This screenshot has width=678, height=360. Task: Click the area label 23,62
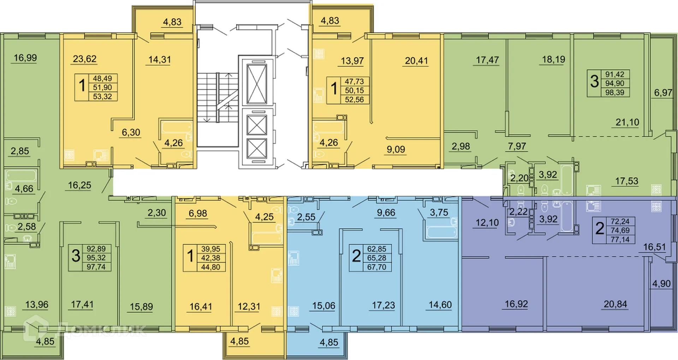pyautogui.click(x=84, y=59)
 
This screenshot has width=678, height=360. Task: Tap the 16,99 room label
pyautogui.click(x=25, y=58)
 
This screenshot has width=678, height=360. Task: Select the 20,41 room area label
pyautogui.click(x=416, y=61)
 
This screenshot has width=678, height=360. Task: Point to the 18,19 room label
pyautogui.click(x=553, y=59)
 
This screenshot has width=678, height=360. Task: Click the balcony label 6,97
pyautogui.click(x=663, y=93)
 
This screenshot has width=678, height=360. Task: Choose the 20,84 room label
pyautogui.click(x=615, y=304)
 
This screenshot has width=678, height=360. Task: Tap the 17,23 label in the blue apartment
pyautogui.click(x=383, y=305)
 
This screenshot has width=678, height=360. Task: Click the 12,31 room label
pyautogui.click(x=249, y=306)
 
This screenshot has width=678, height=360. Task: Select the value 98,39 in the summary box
pyautogui.click(x=615, y=92)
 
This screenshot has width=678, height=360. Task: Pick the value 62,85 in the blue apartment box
pyautogui.click(x=377, y=249)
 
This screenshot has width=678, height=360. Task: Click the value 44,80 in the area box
pyautogui.click(x=210, y=267)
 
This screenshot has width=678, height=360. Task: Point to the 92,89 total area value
pyautogui.click(x=96, y=249)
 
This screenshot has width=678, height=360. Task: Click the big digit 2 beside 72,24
pyautogui.click(x=600, y=229)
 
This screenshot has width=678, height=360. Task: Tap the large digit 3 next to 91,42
pyautogui.click(x=595, y=81)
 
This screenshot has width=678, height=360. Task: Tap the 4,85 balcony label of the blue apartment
pyautogui.click(x=328, y=342)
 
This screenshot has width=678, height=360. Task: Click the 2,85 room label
pyautogui.click(x=20, y=151)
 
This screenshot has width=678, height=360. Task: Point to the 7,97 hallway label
pyautogui.click(x=517, y=146)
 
